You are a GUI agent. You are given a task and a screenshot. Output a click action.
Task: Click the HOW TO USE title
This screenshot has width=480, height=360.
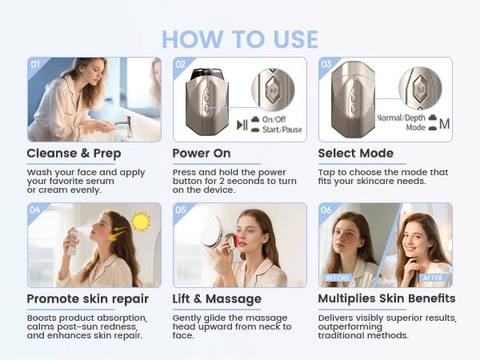tap(240, 38)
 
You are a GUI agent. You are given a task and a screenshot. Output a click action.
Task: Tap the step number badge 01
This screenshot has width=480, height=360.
tap(34, 64)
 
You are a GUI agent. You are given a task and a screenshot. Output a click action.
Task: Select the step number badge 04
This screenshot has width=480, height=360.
tap(34, 210)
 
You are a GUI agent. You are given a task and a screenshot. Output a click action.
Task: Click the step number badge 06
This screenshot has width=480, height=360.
tap(326, 210)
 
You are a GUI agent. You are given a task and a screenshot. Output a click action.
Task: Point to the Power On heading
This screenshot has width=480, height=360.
tap(202, 153)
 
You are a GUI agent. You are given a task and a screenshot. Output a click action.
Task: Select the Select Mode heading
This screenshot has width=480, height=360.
tap(356, 153)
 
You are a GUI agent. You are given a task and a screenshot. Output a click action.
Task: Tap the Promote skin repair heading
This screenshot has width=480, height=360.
tap(87, 298)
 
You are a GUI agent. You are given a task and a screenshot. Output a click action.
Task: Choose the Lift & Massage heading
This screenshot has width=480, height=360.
tap(217, 298)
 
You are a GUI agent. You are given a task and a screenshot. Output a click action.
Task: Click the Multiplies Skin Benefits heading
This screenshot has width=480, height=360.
tap(386, 298)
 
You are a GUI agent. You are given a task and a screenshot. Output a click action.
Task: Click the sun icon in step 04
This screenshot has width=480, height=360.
tap(142, 220)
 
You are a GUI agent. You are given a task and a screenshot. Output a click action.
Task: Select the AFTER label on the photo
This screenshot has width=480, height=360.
tap(433, 278)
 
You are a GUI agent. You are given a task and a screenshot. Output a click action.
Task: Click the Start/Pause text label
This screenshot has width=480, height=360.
tap(282, 129)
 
